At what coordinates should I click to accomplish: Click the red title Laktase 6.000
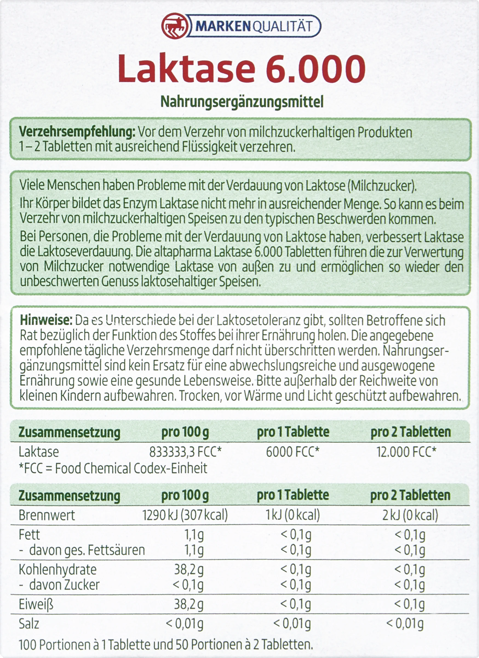click(242, 68)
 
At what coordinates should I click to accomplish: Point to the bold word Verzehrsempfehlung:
click(77, 132)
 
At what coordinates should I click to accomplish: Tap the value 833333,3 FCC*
click(185, 452)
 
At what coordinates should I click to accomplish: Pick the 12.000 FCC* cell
click(406, 452)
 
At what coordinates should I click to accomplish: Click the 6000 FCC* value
click(292, 452)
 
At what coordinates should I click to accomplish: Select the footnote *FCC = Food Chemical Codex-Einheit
click(113, 468)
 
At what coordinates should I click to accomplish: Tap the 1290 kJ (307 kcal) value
click(185, 515)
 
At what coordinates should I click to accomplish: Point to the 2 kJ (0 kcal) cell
click(410, 515)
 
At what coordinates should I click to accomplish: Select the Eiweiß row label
click(36, 605)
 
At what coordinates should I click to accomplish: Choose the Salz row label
click(29, 624)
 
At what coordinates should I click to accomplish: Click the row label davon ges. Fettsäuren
click(87, 550)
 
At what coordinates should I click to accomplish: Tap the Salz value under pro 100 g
click(184, 624)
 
